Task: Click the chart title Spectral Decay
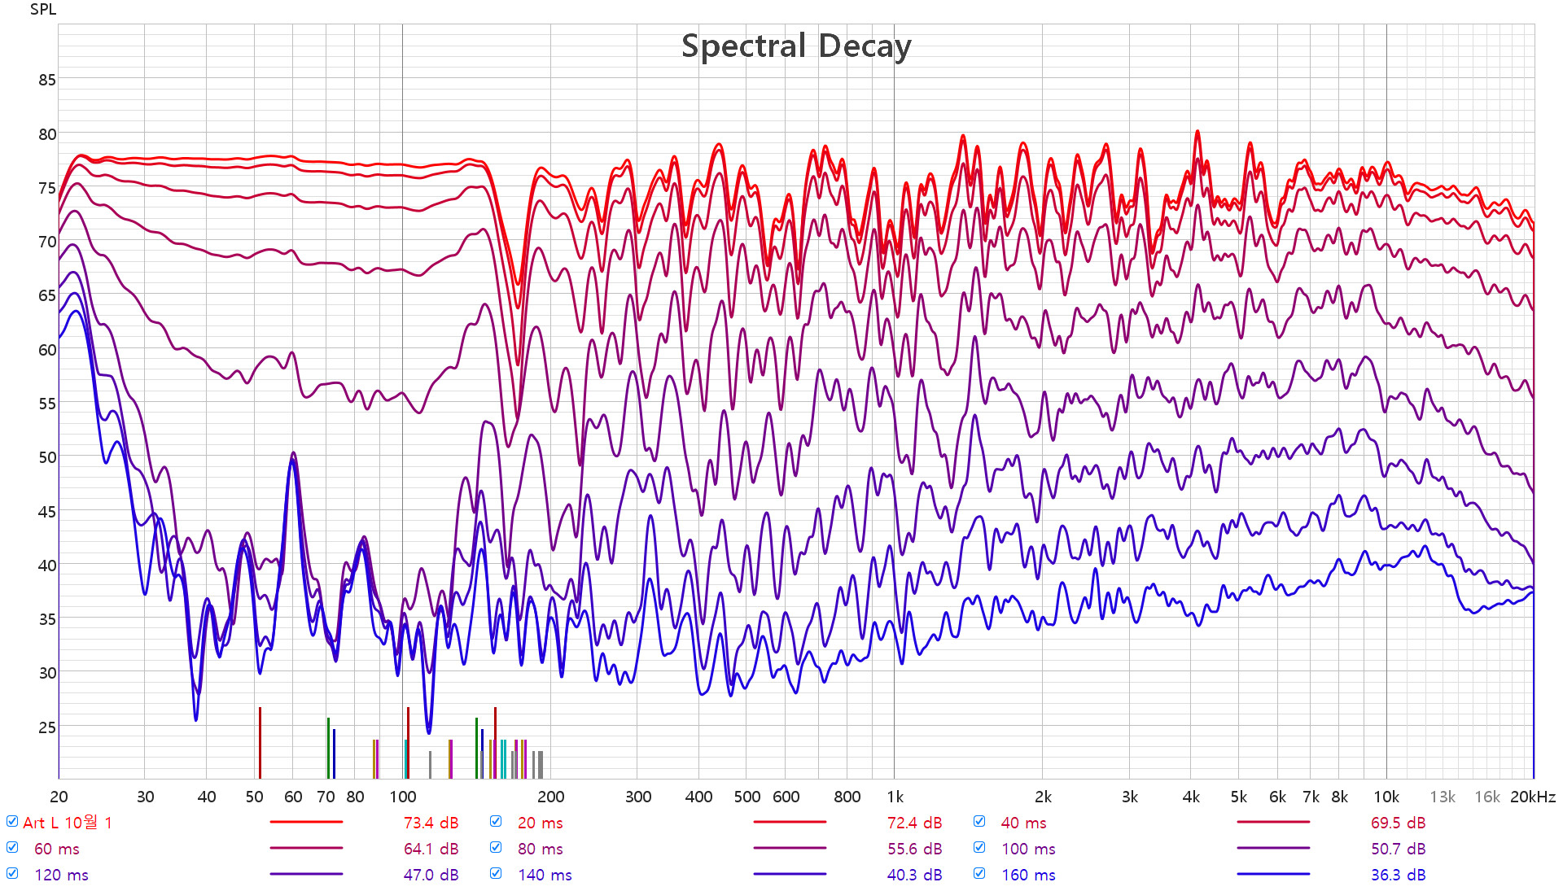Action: point(795,46)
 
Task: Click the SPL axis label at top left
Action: point(43,10)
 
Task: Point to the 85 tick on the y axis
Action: point(47,80)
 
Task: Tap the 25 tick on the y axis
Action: point(47,727)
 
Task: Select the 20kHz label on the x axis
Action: point(1532,797)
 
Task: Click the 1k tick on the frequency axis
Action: point(895,797)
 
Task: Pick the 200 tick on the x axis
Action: point(551,797)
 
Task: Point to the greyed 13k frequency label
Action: point(1443,797)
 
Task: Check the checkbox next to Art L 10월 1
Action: point(12,822)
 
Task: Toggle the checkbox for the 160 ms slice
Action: point(979,874)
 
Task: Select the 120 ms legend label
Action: point(61,876)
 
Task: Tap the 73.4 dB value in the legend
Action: point(431,823)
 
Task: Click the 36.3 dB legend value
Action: point(1398,876)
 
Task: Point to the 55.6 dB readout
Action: point(914,850)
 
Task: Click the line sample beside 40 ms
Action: point(1272,823)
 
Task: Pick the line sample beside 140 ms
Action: point(789,875)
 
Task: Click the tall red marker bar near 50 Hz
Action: point(260,742)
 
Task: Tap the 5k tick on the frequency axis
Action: point(1238,797)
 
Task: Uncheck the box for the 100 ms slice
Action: point(979,848)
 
